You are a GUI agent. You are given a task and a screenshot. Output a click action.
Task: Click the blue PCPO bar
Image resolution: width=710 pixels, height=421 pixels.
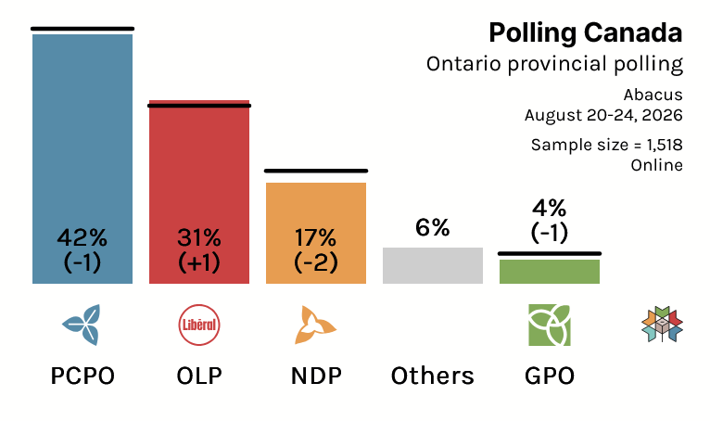point(82,159)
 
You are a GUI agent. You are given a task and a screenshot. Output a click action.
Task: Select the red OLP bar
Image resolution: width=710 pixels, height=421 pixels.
point(199,192)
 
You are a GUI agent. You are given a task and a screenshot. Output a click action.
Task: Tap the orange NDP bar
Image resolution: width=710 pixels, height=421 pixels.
point(316,233)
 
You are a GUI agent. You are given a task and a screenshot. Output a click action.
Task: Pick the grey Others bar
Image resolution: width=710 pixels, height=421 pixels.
point(433,265)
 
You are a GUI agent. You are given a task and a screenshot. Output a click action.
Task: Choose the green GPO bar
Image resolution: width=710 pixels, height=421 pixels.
point(550,272)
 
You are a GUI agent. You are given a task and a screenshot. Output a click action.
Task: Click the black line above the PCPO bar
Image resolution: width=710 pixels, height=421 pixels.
point(82,29)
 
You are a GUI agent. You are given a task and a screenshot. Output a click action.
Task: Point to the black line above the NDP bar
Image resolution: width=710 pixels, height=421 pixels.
point(316,171)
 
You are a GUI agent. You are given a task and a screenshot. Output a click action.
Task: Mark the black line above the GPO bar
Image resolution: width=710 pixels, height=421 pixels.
point(550,254)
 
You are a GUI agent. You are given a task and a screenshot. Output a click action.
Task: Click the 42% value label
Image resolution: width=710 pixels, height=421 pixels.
point(82,237)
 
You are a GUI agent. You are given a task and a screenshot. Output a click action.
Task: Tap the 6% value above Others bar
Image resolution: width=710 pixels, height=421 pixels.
point(433,227)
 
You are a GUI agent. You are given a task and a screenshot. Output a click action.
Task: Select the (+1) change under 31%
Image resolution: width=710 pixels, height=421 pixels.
point(199,262)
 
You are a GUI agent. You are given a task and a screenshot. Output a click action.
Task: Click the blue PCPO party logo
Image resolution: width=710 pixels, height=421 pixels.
point(82,325)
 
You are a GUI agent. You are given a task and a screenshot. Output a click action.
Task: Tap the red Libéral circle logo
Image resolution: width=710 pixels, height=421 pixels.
point(199,325)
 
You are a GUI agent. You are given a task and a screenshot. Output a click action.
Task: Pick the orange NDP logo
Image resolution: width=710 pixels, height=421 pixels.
point(315,325)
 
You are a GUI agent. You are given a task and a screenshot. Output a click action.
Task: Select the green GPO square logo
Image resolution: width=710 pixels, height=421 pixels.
point(550,325)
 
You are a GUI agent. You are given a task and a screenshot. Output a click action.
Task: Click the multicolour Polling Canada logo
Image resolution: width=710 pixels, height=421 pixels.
point(662,325)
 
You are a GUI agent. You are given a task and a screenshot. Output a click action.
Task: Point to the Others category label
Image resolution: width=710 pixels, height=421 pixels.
point(433,376)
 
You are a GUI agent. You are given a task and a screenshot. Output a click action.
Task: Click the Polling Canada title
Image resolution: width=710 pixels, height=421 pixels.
point(586,32)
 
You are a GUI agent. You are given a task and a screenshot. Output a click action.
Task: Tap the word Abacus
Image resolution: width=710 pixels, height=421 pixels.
point(653,95)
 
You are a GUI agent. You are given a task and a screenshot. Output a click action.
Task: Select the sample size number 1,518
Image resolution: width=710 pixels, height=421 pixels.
point(665,145)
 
